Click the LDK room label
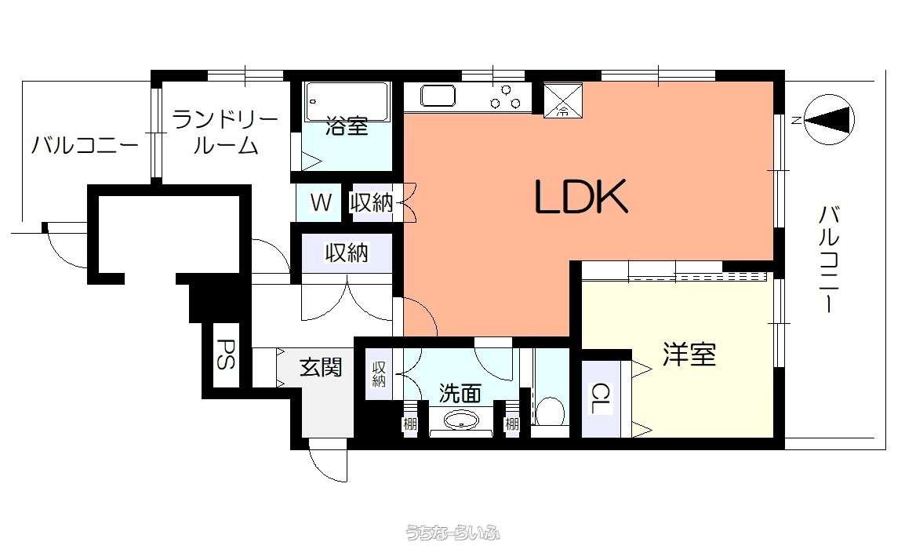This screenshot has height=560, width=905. click(x=581, y=197)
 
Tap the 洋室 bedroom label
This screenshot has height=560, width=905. click(x=689, y=354)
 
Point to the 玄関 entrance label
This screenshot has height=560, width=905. click(x=321, y=367)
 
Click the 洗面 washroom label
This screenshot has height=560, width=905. click(x=460, y=394)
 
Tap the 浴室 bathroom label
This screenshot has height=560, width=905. click(x=347, y=125)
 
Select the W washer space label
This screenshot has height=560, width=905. click(x=321, y=202)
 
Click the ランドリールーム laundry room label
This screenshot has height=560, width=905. click(x=225, y=133)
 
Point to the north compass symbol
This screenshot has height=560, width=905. click(x=829, y=120)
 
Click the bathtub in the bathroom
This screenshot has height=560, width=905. click(x=347, y=102)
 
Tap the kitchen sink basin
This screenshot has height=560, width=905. click(x=438, y=96)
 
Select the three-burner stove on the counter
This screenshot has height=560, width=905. click(x=506, y=97)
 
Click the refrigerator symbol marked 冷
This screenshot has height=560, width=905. click(x=563, y=100)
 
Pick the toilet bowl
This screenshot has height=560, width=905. click(x=550, y=410)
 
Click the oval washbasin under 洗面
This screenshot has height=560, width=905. click(x=460, y=420)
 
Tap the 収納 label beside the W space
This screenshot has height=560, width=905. click(x=372, y=202)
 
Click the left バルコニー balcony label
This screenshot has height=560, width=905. click(x=85, y=144)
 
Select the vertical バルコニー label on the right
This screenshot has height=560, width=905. click(x=830, y=259)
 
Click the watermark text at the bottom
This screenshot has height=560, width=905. click(x=452, y=532)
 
